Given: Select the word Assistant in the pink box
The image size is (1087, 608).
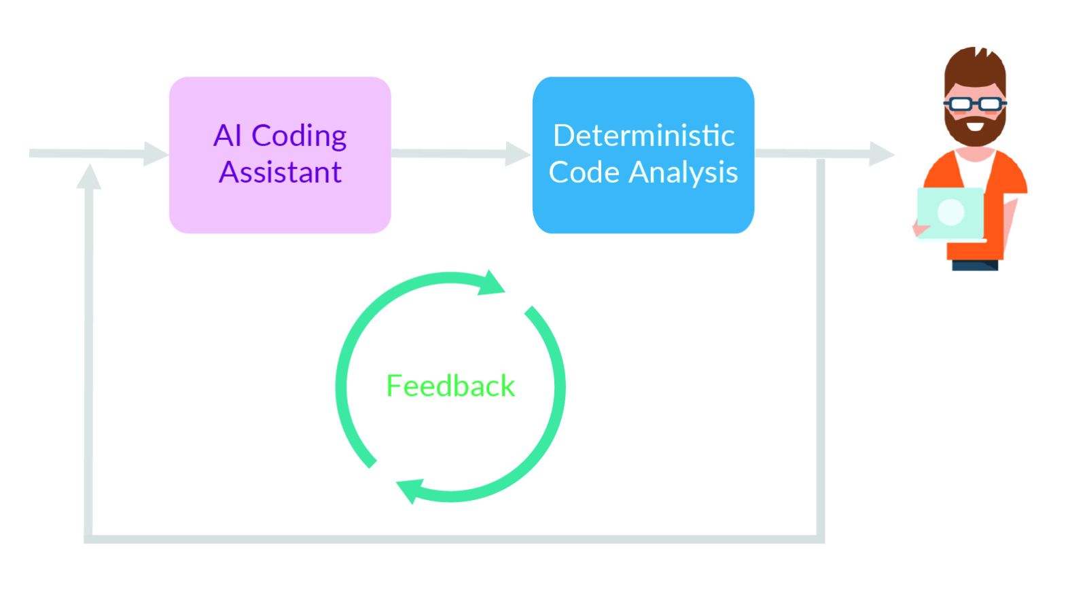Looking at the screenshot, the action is tap(280, 172).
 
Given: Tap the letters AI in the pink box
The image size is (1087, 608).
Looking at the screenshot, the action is tap(228, 135).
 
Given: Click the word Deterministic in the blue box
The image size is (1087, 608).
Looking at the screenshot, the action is tap(643, 135).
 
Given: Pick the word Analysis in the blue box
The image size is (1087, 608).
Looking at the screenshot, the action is tap(683, 173).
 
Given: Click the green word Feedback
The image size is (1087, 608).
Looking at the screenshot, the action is tap(450, 386).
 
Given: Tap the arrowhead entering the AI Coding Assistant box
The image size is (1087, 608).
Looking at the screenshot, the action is tap(156, 154).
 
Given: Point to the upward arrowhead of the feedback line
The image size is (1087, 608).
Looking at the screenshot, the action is tap(89, 177).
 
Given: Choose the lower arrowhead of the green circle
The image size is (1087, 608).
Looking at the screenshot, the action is tap(410, 490).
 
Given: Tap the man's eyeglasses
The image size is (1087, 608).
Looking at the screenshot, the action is tap(975, 103).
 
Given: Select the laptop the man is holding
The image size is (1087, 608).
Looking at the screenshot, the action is tap(951, 213).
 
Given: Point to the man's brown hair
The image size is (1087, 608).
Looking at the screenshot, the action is tap(975, 68).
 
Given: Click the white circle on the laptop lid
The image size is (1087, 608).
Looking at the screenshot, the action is tap(950, 213).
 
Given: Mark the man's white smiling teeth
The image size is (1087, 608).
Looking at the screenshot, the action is tap(975, 126).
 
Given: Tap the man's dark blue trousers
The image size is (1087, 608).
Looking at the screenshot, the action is tap(975, 265).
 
